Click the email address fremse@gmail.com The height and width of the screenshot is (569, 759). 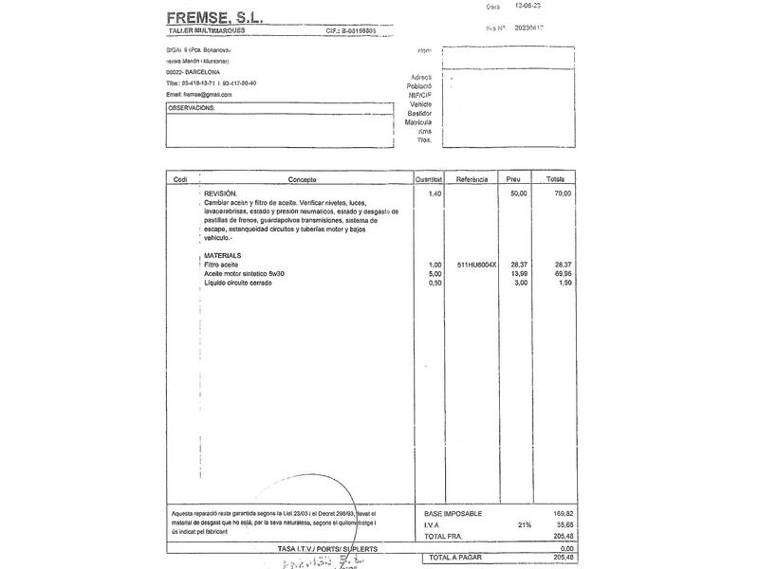point(199,95)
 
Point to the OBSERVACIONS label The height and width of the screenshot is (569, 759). point(193,108)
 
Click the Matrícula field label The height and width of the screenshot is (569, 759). point(418,122)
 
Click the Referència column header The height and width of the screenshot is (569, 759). point(472,179)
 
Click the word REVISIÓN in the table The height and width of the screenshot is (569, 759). point(221,193)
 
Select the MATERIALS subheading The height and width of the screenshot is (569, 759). point(222,256)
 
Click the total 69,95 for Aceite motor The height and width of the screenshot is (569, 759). point(563,273)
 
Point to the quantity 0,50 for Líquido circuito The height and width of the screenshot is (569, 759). point(435,283)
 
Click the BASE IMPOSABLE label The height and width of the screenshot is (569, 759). point(454,513)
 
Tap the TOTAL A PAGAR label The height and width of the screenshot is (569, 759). point(457,558)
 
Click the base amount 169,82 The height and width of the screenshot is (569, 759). point(564,513)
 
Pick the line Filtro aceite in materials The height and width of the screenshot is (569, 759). point(221,265)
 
